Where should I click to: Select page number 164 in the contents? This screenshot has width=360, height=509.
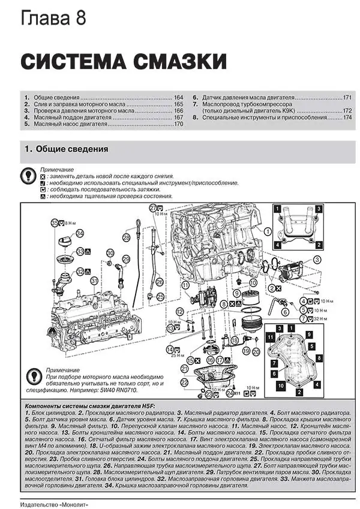pyautogui.click(x=178, y=97)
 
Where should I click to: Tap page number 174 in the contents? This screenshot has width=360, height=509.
pyautogui.click(x=347, y=118)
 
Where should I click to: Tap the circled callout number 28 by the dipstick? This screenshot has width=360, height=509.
pyautogui.click(x=127, y=238)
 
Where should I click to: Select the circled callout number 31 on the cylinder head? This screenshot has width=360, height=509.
pyautogui.click(x=95, y=280)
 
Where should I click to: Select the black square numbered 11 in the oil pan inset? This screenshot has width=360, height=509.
pyautogui.click(x=271, y=338)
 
